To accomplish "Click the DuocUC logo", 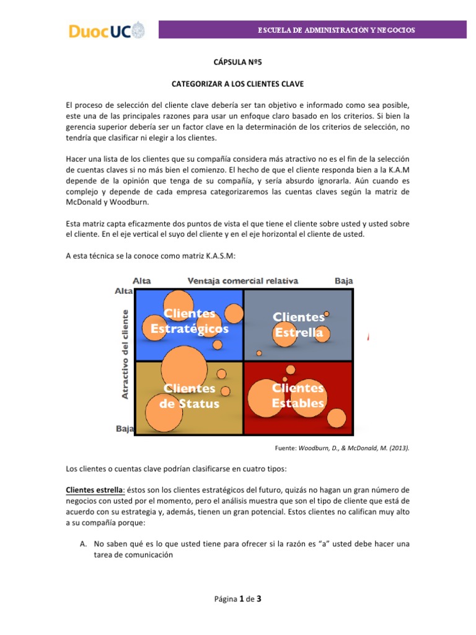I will [106, 30].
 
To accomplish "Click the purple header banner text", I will [337, 30].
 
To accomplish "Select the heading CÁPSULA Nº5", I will [238, 62].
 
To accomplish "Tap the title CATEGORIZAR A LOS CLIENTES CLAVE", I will [237, 82].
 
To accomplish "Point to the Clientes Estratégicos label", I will [190, 321].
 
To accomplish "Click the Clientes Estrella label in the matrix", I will [299, 325].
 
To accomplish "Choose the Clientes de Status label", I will [190, 396].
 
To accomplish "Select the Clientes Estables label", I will [298, 396].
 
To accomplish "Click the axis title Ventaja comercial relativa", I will [243, 280].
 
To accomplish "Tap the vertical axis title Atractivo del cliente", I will [125, 354].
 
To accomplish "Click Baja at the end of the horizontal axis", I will [343, 280].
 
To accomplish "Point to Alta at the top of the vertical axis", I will [124, 291].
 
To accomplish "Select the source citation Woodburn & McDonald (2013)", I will [341, 447].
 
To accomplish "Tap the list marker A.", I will [82, 544].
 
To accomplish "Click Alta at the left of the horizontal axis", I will [142, 280].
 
